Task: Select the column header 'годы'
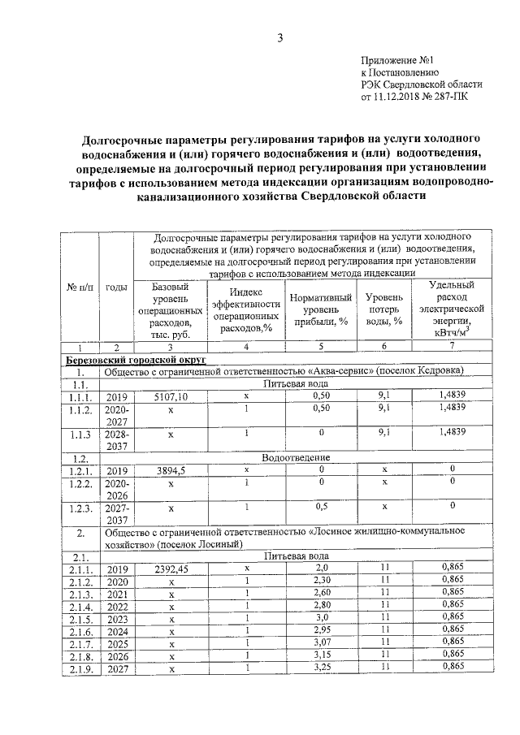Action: point(116,286)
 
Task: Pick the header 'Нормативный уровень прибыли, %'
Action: point(321,309)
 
